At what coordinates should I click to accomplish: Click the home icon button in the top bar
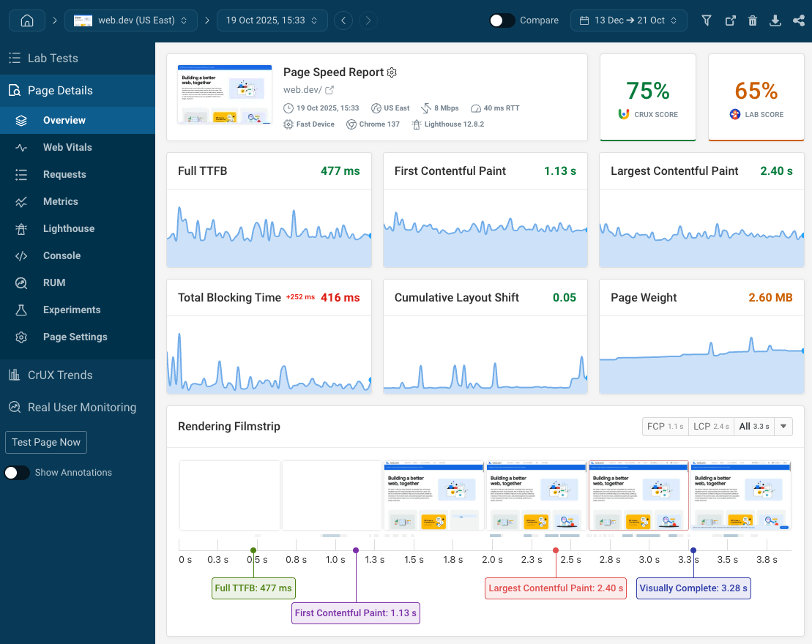point(27,20)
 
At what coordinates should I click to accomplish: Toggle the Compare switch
point(502,20)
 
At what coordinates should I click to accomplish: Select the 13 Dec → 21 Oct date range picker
point(628,20)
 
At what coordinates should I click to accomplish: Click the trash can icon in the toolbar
point(753,20)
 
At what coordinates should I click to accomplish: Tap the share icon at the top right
point(798,20)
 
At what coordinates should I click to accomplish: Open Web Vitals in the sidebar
point(67,147)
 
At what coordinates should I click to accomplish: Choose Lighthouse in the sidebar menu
point(68,228)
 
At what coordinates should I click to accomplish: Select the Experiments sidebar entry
point(72,310)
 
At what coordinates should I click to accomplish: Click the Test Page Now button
point(46,442)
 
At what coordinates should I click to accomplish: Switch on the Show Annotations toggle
point(18,473)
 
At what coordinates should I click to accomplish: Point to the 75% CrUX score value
point(647,91)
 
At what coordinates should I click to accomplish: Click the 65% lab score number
point(756,91)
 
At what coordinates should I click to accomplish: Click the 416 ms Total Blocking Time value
point(340,298)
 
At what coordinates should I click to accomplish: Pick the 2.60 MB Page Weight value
point(770,298)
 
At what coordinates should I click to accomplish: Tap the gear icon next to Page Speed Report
point(392,72)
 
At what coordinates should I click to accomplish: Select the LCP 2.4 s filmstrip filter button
point(709,426)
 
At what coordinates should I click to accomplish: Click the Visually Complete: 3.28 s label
point(693,588)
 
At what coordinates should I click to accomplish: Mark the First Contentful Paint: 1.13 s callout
point(356,613)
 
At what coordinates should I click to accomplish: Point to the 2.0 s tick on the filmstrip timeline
point(492,560)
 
